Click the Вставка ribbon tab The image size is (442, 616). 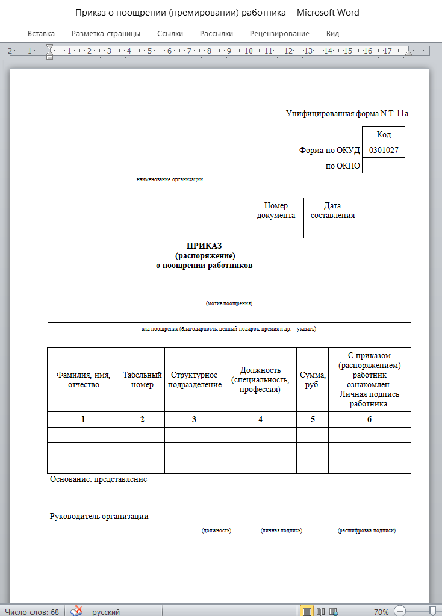pos(41,34)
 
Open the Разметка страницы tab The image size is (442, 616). pos(106,34)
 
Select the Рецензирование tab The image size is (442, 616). pos(279,34)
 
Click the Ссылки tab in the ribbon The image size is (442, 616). pos(170,34)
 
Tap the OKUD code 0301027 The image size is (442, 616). pos(383,150)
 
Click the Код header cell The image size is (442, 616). pos(384,134)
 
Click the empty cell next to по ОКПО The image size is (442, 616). pos(383,166)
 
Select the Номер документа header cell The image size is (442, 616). pos(276,211)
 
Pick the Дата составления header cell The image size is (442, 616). pos(332,211)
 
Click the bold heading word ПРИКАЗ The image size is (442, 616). pos(204,246)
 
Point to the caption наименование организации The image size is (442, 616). pos(170,179)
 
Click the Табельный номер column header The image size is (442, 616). pos(142,380)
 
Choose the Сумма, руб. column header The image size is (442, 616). pos(313,380)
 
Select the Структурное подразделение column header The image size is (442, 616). pos(193,380)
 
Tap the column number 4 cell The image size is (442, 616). pos(260,419)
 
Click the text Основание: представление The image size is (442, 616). pos(98,479)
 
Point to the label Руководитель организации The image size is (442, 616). pos(99,516)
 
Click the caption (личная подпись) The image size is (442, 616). pos(281,530)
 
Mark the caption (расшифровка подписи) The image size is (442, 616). pos(367,530)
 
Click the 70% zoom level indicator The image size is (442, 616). pos(381,612)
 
